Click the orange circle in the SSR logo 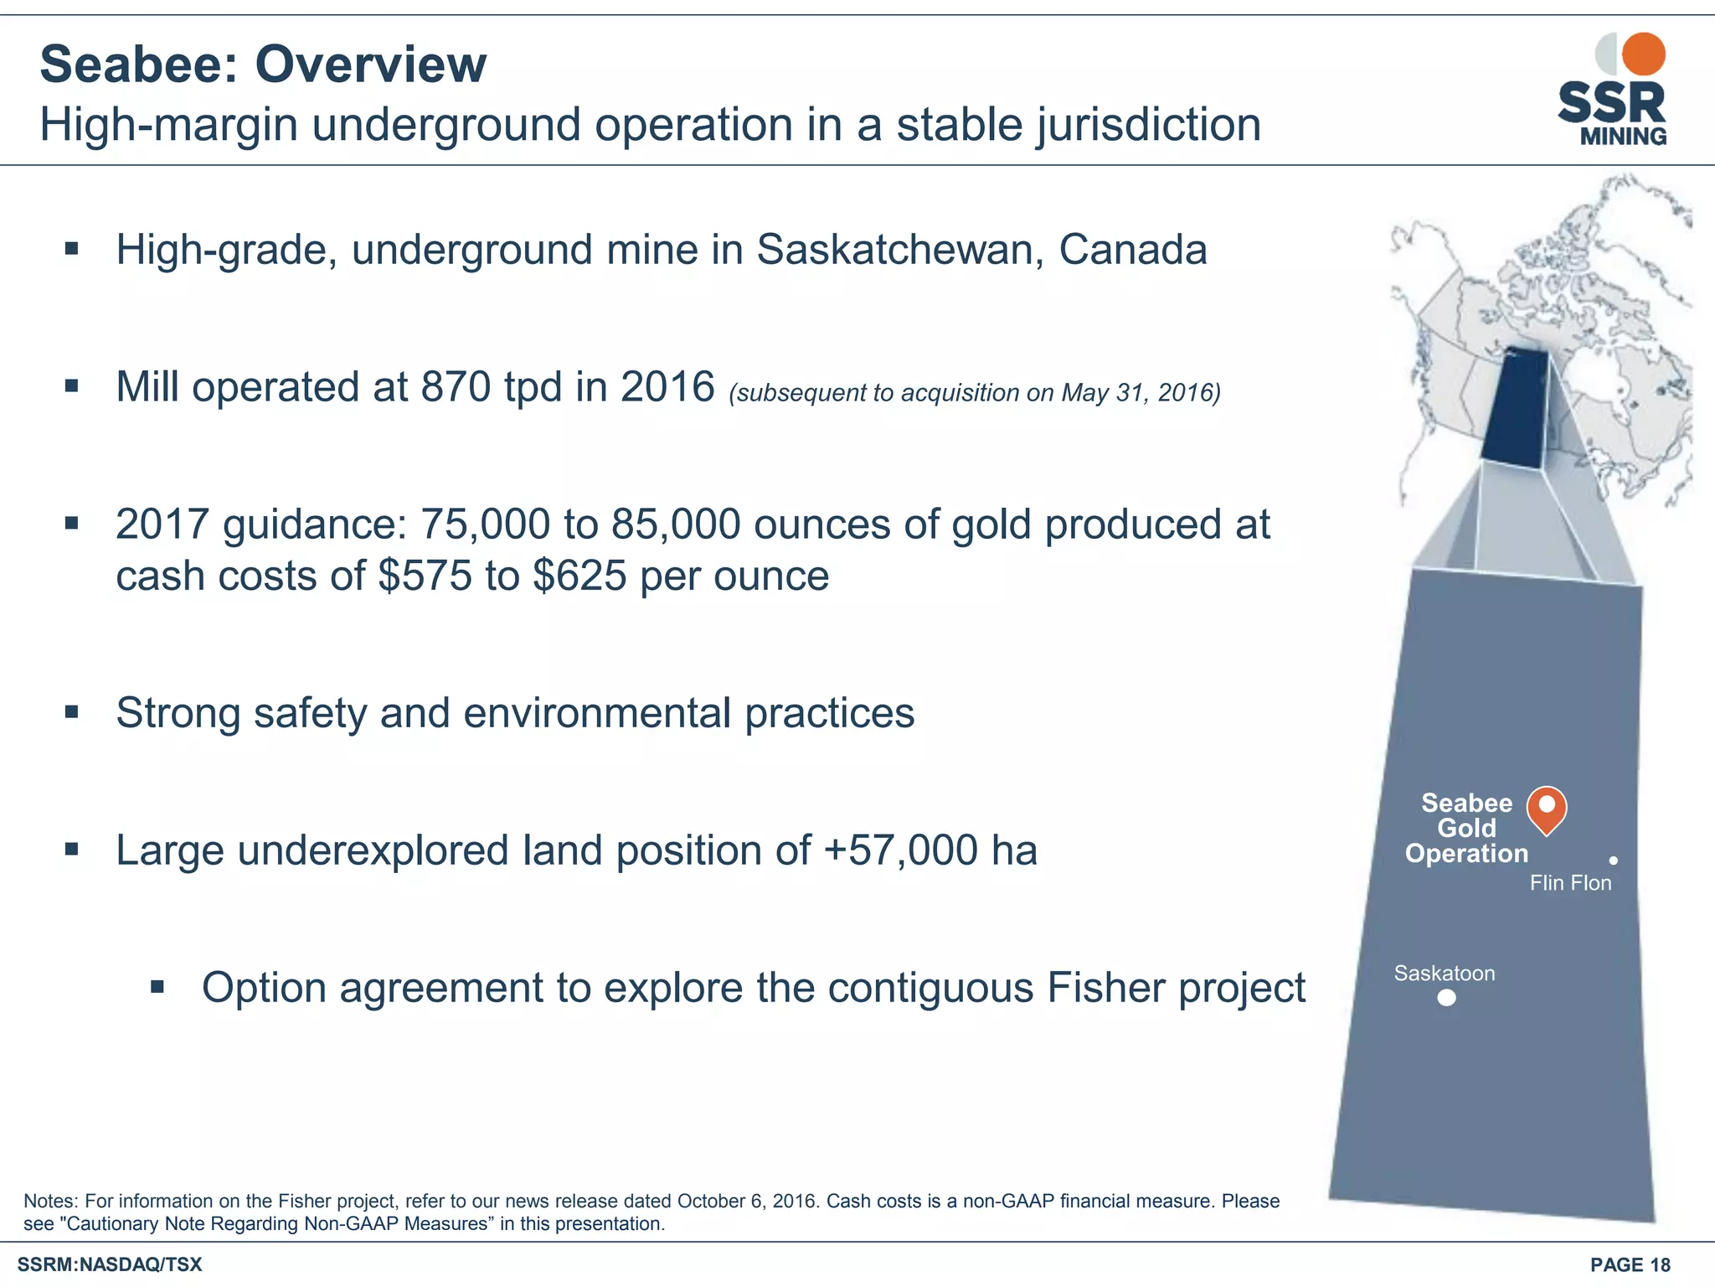pos(1643,54)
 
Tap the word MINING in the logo pos(1623,136)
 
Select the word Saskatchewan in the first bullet pos(899,250)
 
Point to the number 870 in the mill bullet pos(456,387)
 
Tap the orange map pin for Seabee pos(1547,807)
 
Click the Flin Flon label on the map pos(1570,883)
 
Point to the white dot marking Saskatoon pos(1446,998)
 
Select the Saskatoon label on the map pos(1444,974)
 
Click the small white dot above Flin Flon pos(1613,861)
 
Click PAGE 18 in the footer pos(1630,1265)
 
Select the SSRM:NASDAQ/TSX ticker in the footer pos(110,1265)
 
